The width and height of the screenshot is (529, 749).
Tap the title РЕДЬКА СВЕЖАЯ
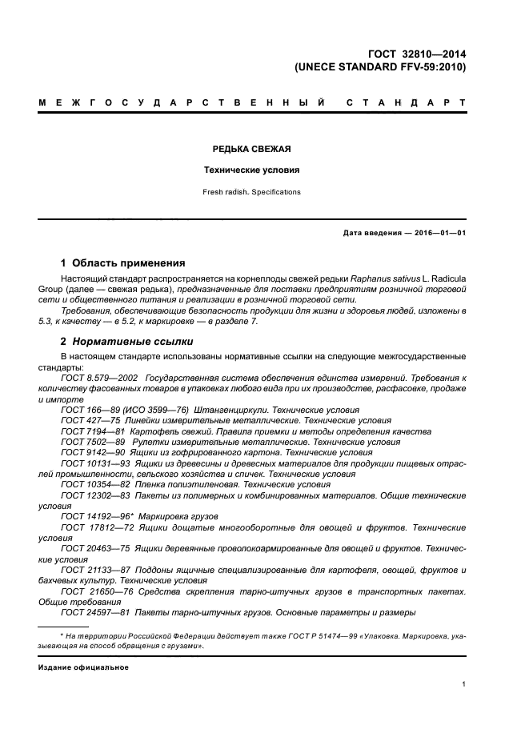tap(251, 150)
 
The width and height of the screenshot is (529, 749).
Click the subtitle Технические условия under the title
tap(251, 170)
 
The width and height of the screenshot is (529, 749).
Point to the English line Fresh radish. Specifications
tap(251, 192)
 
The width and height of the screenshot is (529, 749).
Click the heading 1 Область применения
tap(123, 262)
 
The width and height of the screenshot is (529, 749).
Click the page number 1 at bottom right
tap(464, 684)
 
